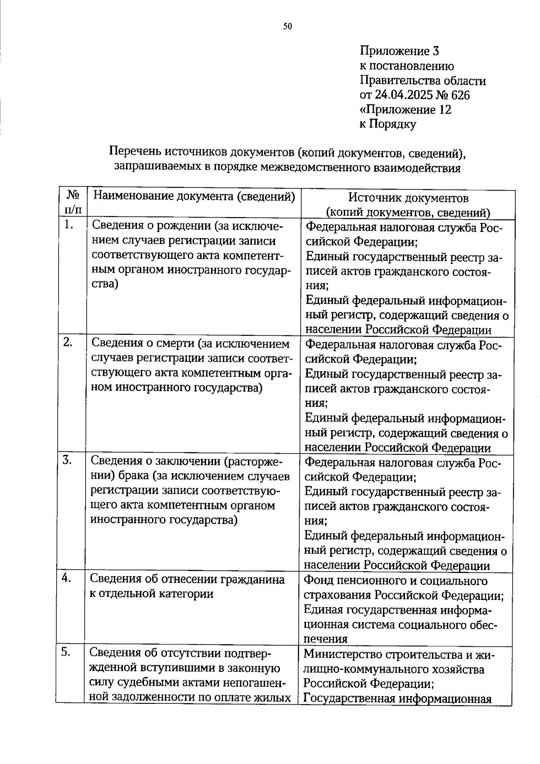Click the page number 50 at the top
tap(288, 27)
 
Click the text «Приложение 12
tap(405, 109)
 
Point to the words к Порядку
tap(388, 124)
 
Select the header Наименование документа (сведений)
tap(194, 196)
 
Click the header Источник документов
tap(408, 198)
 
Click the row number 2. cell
tap(68, 342)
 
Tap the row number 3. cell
tap(68, 460)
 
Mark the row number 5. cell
tap(67, 652)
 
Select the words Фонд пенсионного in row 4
tap(354, 581)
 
